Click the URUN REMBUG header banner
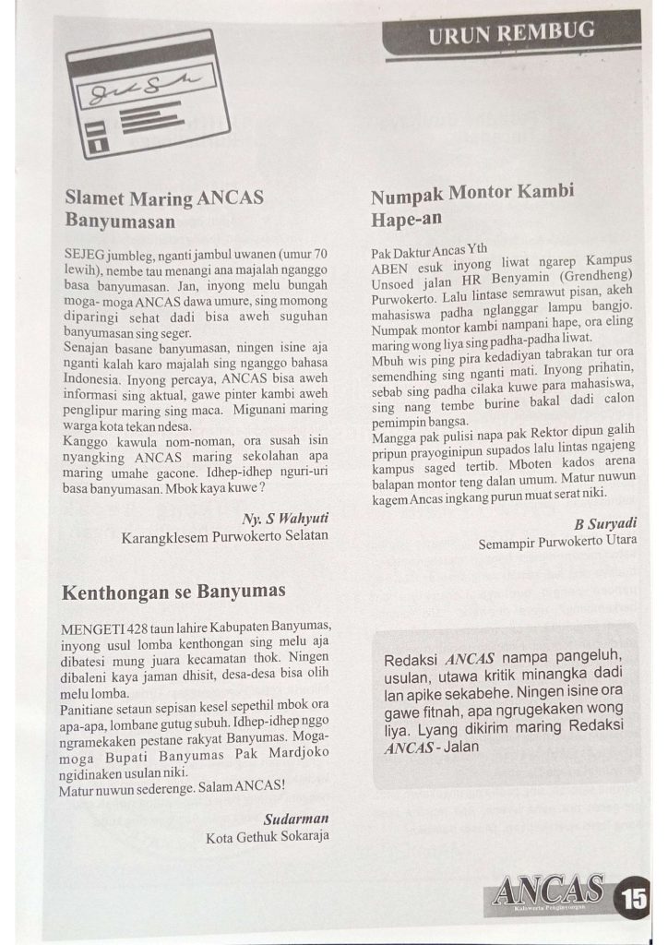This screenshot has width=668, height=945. (x=510, y=35)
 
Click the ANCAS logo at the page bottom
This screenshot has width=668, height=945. (x=549, y=892)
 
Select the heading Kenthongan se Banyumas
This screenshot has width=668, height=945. (x=173, y=591)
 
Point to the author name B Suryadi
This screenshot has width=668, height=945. (x=605, y=523)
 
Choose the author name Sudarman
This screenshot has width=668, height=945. (x=296, y=819)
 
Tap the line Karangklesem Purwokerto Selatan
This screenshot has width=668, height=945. (x=225, y=536)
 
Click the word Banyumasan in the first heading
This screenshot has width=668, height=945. (x=120, y=221)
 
